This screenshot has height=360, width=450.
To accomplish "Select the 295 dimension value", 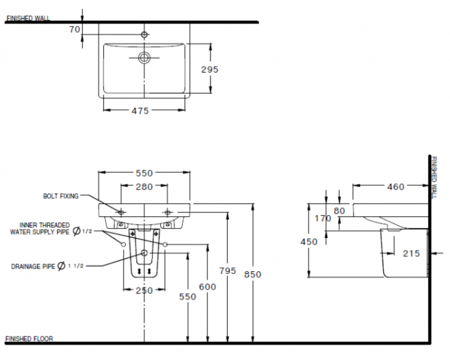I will [x=210, y=69].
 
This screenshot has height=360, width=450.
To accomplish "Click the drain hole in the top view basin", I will [x=144, y=58].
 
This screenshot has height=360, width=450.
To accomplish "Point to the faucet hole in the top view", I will [x=144, y=35].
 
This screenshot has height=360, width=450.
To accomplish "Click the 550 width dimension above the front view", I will [x=144, y=173].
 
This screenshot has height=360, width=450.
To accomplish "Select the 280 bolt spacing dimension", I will [x=144, y=187].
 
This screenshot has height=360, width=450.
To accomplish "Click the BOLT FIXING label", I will [x=61, y=196].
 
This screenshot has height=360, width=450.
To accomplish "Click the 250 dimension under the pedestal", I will [x=144, y=290].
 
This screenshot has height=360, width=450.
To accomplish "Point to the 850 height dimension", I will [x=253, y=274].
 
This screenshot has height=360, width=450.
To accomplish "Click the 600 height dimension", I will [x=207, y=286].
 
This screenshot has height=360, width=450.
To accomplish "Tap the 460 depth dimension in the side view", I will [x=394, y=187].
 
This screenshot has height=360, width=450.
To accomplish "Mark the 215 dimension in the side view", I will [x=410, y=253].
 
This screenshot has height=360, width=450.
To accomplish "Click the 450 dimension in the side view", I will [x=309, y=242].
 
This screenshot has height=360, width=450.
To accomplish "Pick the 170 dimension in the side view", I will [x=322, y=218].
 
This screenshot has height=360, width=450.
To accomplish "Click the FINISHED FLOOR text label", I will [x=29, y=339].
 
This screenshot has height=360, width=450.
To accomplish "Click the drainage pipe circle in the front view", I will [x=144, y=253].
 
